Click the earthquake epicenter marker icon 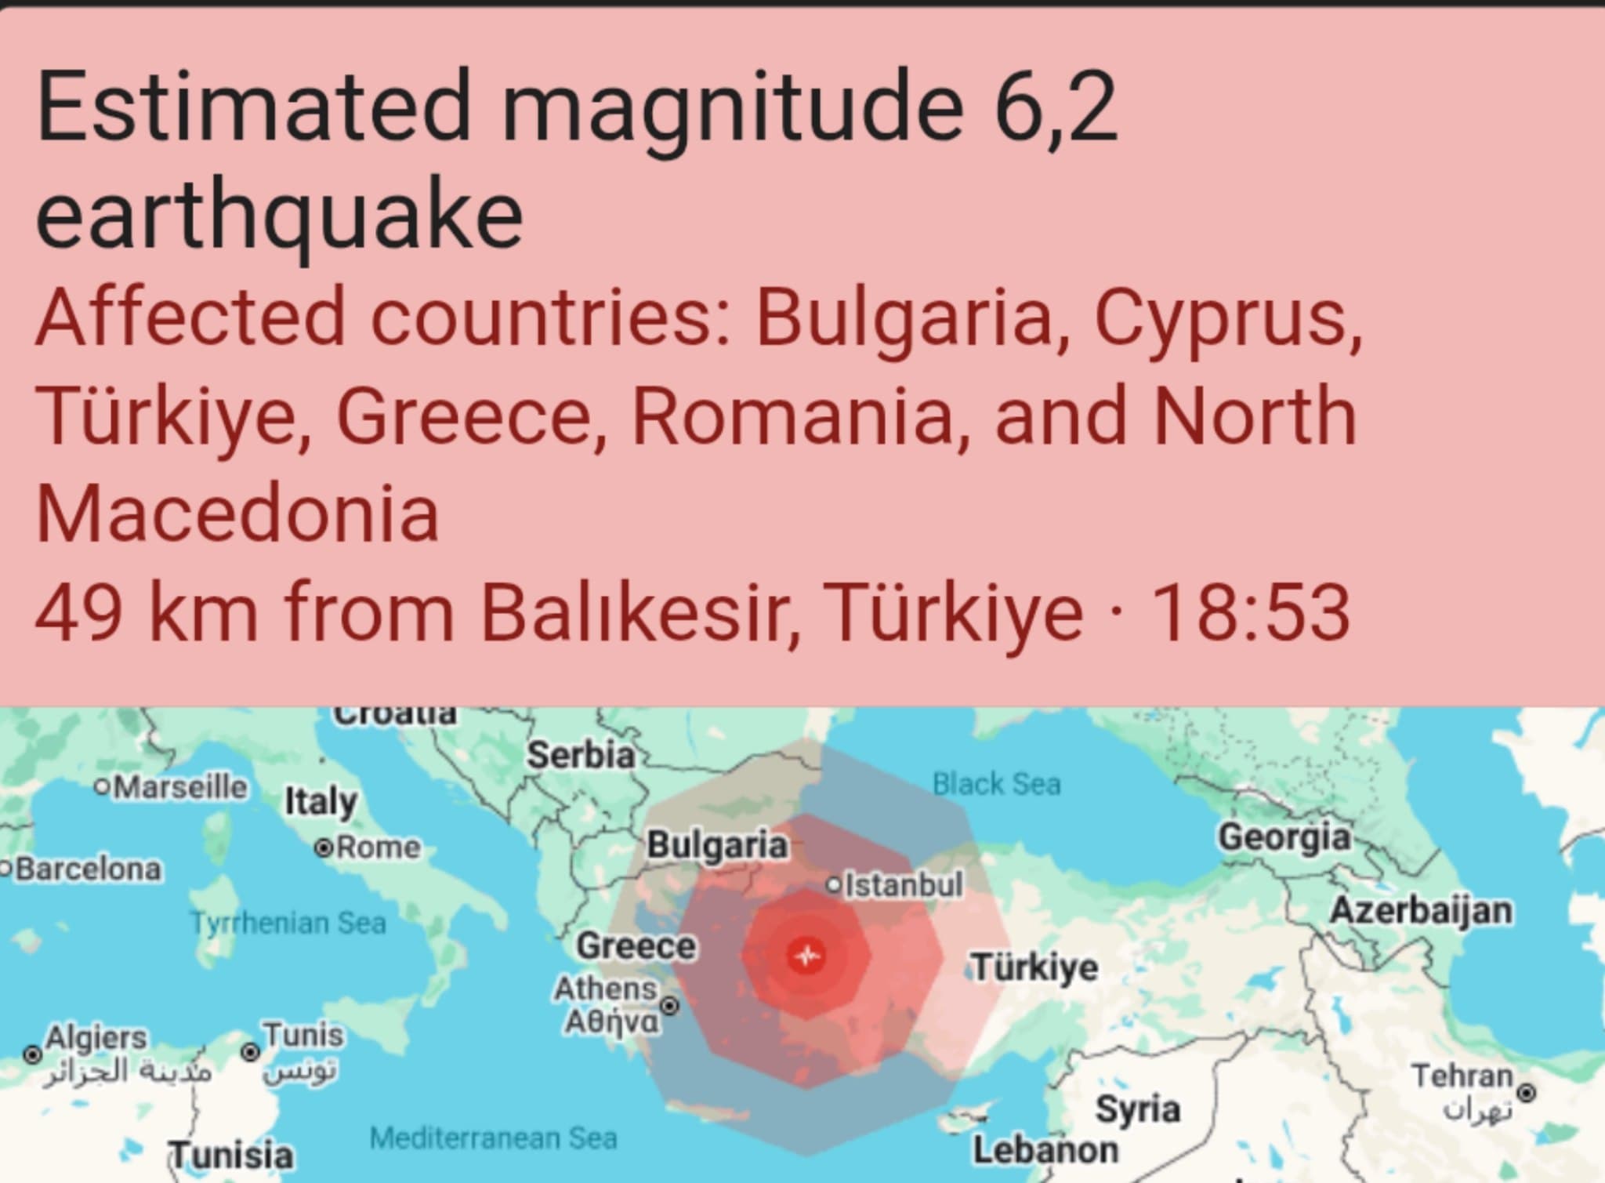(x=806, y=956)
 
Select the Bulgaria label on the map (x=717, y=845)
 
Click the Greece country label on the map (x=636, y=945)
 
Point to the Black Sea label (x=996, y=783)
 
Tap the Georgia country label (x=1284, y=837)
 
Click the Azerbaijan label (x=1421, y=910)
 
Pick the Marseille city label (x=180, y=786)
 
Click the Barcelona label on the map (x=88, y=869)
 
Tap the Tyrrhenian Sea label (x=288, y=923)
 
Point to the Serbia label (x=581, y=755)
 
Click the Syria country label (x=1137, y=1109)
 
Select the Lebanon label (x=1045, y=1150)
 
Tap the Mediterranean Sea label (x=493, y=1138)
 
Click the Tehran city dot (x=1527, y=1090)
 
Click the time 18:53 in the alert (x=1250, y=612)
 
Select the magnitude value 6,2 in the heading (x=1055, y=107)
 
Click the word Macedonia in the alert (x=237, y=514)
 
